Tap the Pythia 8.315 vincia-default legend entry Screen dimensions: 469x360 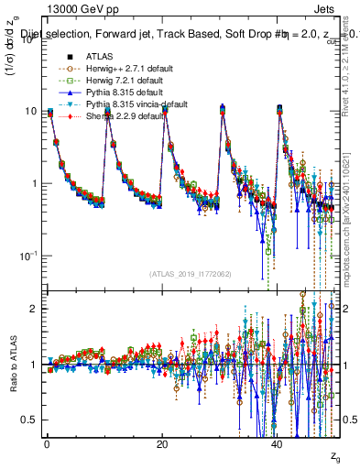click(x=130, y=104)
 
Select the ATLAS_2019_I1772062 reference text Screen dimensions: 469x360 click(x=191, y=274)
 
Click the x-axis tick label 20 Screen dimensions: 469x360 click(x=162, y=446)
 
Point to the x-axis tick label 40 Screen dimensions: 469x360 click(x=278, y=446)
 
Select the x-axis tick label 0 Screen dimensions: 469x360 click(x=47, y=446)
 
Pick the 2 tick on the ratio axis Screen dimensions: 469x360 click(x=33, y=309)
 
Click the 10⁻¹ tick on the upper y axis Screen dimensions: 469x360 click(x=27, y=256)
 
